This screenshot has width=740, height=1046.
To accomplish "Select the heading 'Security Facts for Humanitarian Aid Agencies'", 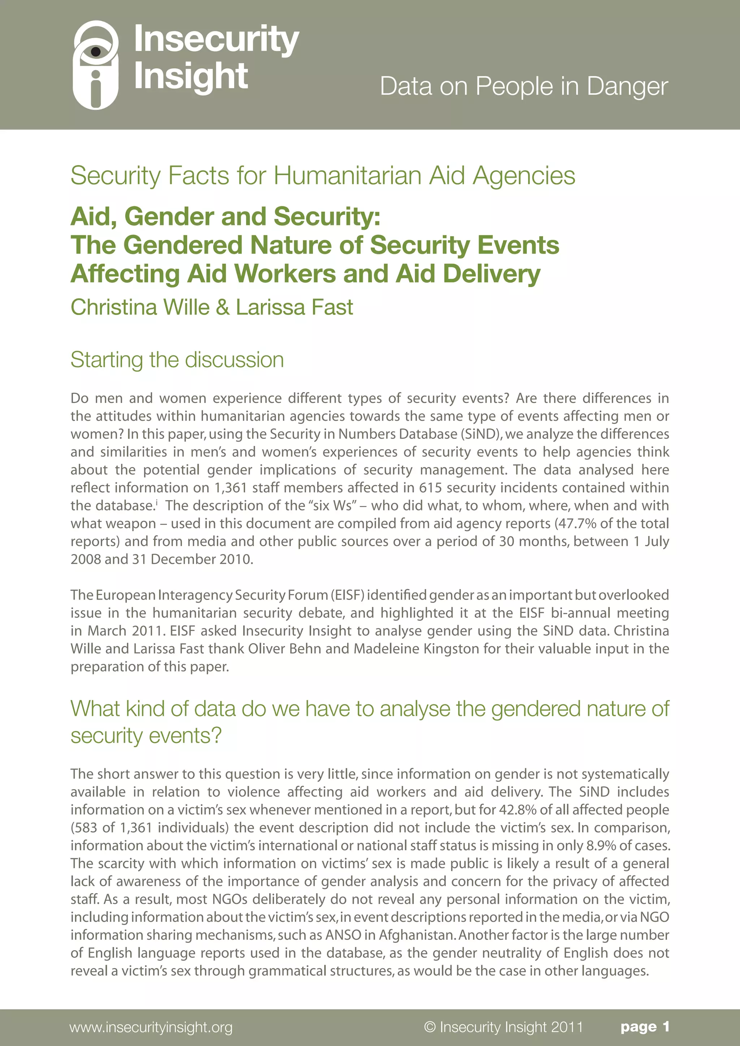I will click(x=323, y=176).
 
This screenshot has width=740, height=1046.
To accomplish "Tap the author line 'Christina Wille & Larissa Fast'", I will click(x=211, y=307).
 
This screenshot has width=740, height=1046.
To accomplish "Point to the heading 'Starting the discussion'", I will click(x=177, y=359).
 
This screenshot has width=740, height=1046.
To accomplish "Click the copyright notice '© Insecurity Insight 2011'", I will click(x=503, y=1027).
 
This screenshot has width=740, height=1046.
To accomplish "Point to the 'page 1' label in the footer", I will click(x=644, y=1027).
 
